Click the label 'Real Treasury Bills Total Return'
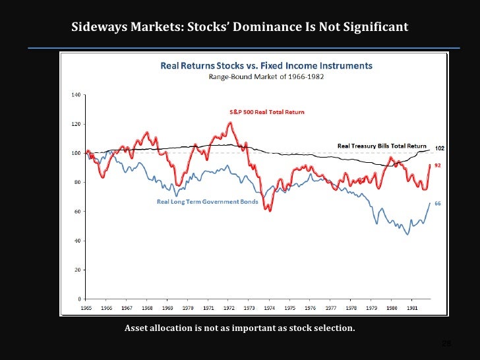pyautogui.click(x=382, y=146)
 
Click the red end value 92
pyautogui.click(x=436, y=165)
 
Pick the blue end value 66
pyautogui.click(x=436, y=203)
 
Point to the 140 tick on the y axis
pyautogui.click(x=76, y=95)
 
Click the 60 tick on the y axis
pyautogui.click(x=77, y=212)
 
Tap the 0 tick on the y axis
pyautogui.click(x=79, y=299)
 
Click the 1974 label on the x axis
pyautogui.click(x=270, y=308)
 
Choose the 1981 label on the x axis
pyautogui.click(x=411, y=308)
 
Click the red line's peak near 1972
pyautogui.click(x=230, y=123)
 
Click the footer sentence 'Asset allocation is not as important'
pyautogui.click(x=239, y=328)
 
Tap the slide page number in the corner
pyautogui.click(x=446, y=344)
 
